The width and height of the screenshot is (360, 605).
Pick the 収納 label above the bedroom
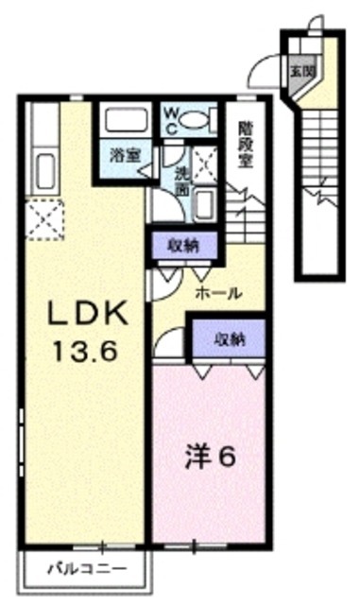226,337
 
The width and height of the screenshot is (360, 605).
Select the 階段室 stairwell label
247,142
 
